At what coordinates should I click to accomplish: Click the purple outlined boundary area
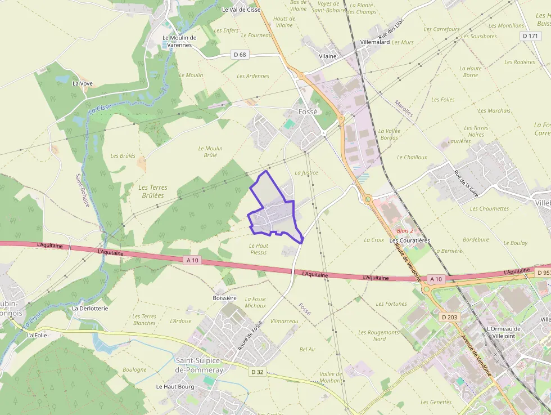point(274,211)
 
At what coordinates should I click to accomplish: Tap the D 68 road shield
point(240,55)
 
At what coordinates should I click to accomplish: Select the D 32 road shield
point(257,372)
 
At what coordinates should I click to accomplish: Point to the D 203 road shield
point(450,317)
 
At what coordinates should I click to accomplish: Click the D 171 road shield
point(530,35)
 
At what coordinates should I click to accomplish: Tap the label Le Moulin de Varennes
point(179,41)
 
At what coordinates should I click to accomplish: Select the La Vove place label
point(83,83)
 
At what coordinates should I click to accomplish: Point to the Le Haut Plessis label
point(258,249)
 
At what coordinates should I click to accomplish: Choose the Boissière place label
point(224,297)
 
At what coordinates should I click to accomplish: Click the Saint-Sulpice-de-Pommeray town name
point(199,365)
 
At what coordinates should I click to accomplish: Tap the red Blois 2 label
point(405,231)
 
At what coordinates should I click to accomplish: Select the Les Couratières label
point(409,240)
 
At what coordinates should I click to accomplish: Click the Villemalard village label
point(374,42)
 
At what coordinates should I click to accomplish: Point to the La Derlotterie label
point(89,309)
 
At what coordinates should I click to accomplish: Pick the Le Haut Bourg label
point(175,387)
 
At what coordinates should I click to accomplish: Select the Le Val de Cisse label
point(241,10)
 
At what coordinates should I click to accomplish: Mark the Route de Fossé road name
point(250,336)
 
